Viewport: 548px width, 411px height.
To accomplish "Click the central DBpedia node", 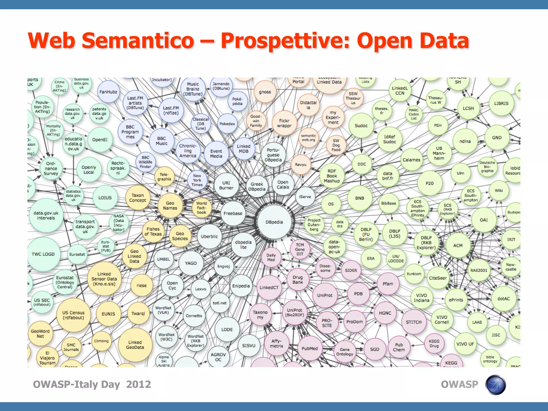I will [274, 222].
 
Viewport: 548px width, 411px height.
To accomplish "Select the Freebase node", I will [233, 213].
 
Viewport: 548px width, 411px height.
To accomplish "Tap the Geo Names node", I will [170, 205].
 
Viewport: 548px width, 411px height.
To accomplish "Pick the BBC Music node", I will [162, 141].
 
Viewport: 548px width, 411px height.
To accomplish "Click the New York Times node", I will [197, 180].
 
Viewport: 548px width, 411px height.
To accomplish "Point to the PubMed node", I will [310, 348].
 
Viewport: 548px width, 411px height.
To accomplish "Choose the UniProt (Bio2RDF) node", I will [295, 313].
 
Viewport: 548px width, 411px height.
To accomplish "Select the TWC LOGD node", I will [43, 254].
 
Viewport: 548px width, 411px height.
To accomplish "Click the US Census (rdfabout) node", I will [73, 315].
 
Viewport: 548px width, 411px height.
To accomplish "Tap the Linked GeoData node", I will [135, 345].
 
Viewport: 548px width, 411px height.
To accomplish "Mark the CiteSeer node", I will [438, 278].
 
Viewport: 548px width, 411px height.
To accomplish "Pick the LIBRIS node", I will [501, 103].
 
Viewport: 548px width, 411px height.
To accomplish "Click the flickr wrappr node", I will [284, 123].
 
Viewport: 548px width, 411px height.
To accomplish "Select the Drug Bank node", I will [298, 280].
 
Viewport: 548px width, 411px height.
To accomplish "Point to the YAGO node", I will [191, 263].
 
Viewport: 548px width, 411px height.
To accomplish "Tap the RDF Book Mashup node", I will [332, 176].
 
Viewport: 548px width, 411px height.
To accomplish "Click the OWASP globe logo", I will [496, 385].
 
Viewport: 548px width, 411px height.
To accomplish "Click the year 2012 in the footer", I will [139, 385].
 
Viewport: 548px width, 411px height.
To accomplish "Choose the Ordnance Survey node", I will [51, 169].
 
